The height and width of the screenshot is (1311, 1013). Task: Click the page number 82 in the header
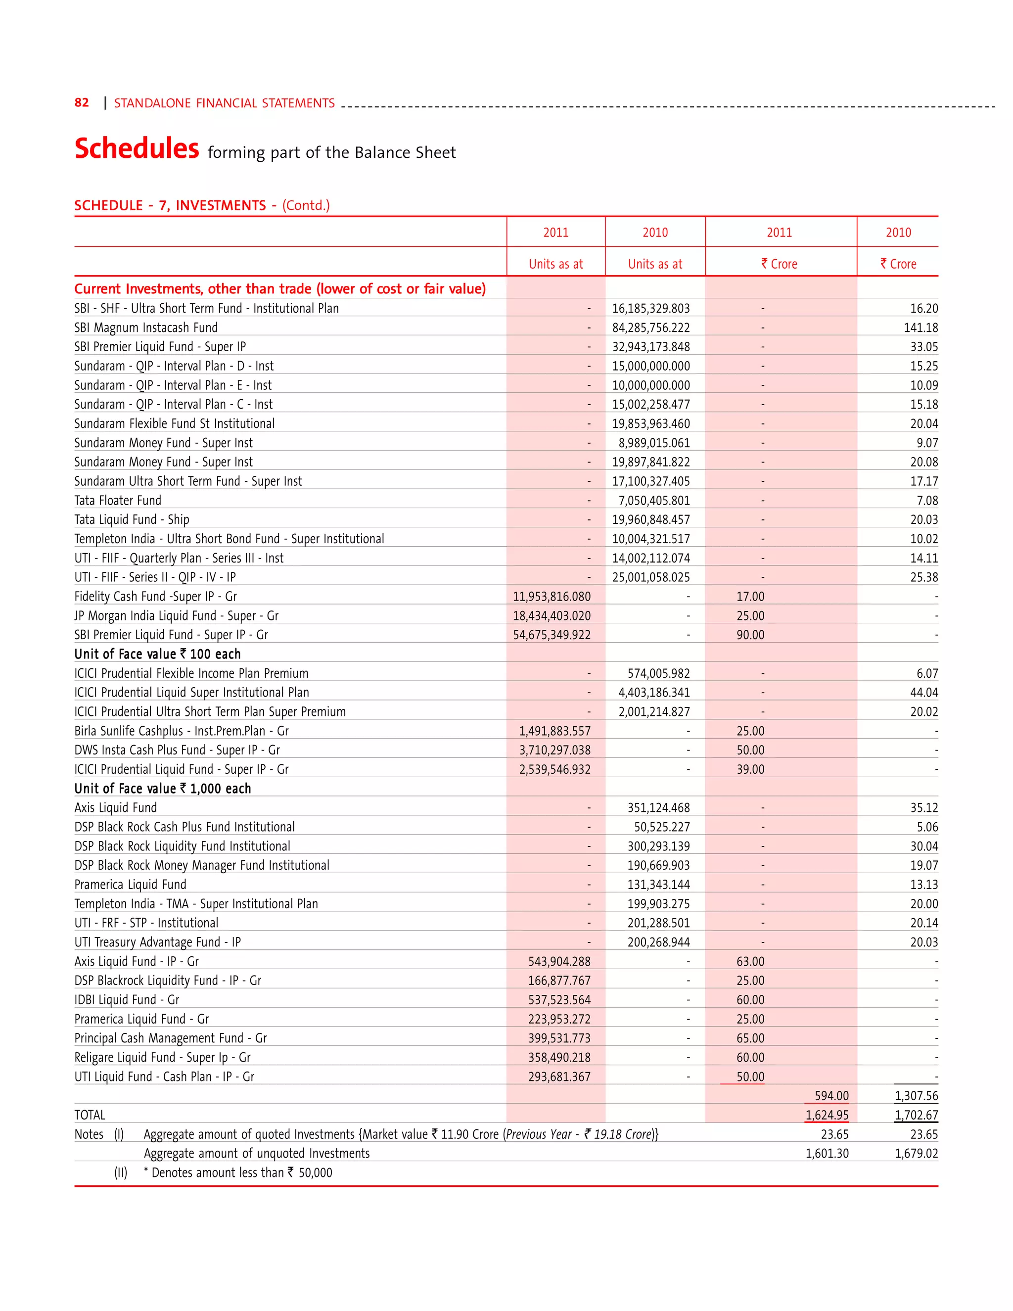click(x=82, y=102)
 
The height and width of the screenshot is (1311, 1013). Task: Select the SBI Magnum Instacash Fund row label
click(x=146, y=328)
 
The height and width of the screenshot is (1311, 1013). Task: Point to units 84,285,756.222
click(x=650, y=328)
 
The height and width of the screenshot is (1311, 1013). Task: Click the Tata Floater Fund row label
click(x=118, y=501)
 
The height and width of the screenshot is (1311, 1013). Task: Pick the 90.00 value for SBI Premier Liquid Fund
click(x=750, y=635)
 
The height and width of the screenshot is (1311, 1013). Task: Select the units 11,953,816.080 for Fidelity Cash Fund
click(x=552, y=597)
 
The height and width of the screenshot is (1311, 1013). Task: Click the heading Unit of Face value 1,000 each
click(x=163, y=789)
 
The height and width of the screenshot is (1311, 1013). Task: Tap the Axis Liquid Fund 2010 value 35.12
click(x=923, y=808)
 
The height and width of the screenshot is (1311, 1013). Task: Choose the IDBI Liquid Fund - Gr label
click(x=127, y=1000)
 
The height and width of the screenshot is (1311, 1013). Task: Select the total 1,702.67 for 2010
click(x=916, y=1115)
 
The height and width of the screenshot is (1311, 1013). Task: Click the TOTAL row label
click(x=90, y=1115)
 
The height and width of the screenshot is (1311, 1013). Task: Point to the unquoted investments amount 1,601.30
click(x=827, y=1154)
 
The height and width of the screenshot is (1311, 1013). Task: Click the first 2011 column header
click(x=555, y=233)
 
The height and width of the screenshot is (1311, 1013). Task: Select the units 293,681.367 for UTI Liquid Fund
click(x=559, y=1077)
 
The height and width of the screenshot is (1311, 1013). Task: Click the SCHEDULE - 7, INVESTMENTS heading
click(x=170, y=205)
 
